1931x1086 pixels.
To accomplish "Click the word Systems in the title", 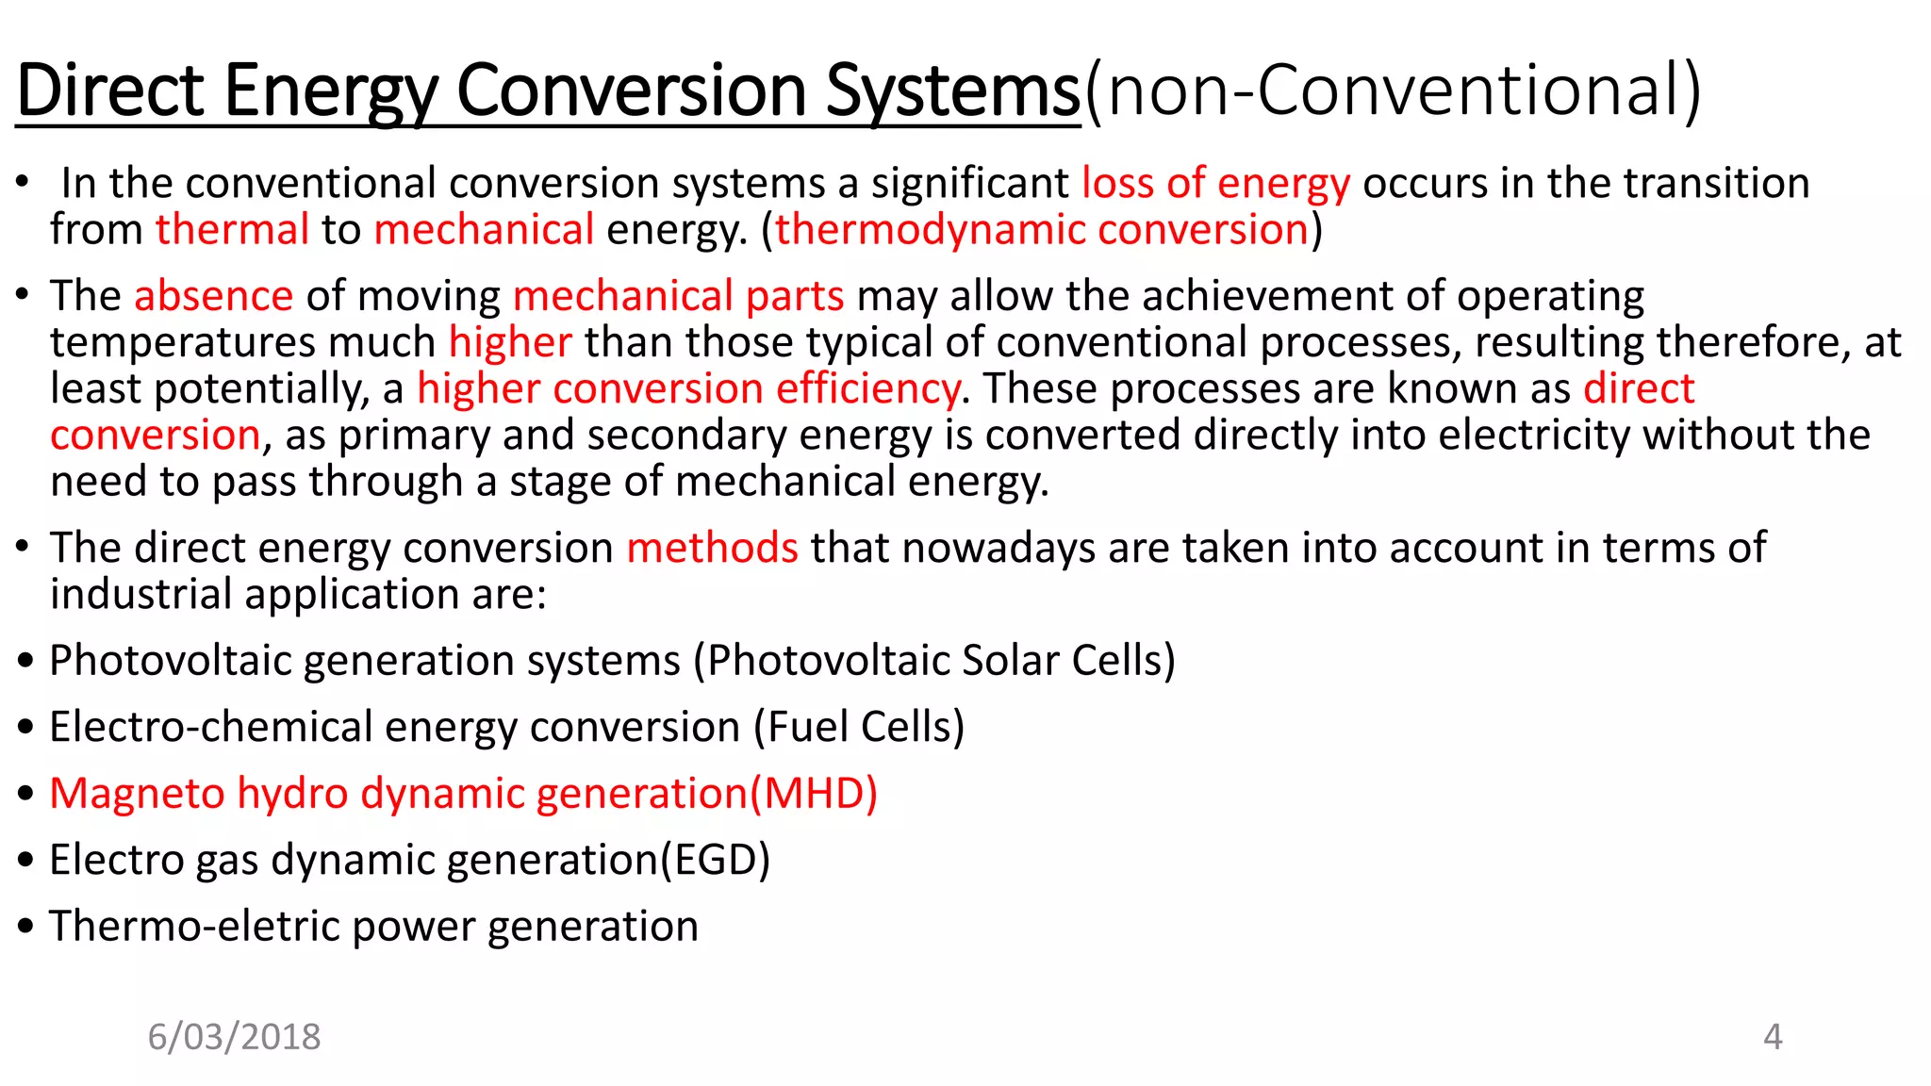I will pyautogui.click(x=952, y=90).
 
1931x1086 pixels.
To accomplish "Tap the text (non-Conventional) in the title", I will pyautogui.click(x=1393, y=90).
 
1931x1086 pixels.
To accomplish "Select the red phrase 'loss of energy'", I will pyautogui.click(x=1215, y=183).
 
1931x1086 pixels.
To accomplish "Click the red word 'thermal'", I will pyautogui.click(x=232, y=229).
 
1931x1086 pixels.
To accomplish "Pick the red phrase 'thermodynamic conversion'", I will pyautogui.click(x=1041, y=229).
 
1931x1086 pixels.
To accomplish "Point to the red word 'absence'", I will pyautogui.click(x=214, y=296).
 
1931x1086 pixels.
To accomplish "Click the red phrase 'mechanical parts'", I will pyautogui.click(x=678, y=296).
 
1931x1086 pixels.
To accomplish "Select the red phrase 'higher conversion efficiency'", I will pyautogui.click(x=688, y=388).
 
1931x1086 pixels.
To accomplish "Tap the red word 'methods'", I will pyautogui.click(x=712, y=548).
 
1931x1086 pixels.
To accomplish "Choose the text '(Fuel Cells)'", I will pyautogui.click(x=859, y=727).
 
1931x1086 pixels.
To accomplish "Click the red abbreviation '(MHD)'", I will pyautogui.click(x=814, y=793).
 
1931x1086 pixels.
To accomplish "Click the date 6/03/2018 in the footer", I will pyautogui.click(x=234, y=1037).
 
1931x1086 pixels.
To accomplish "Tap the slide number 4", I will pyautogui.click(x=1773, y=1037).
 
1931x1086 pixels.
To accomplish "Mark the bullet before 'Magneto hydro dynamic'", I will pyautogui.click(x=26, y=794).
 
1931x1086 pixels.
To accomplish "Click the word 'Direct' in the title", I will pyautogui.click(x=110, y=90).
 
